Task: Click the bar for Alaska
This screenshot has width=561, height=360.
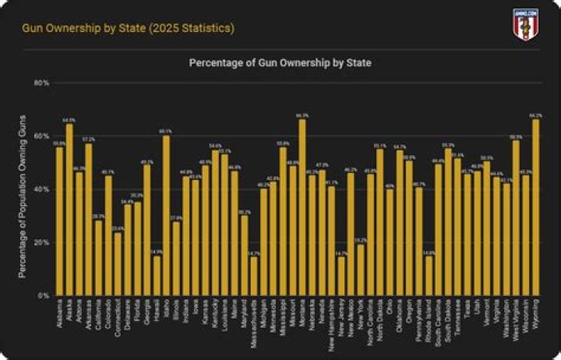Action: (69, 210)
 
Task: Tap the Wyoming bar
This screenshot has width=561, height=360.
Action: (535, 207)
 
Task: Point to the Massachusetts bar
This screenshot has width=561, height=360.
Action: (254, 276)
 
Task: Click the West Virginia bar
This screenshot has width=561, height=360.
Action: (516, 218)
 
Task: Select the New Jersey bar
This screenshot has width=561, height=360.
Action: (341, 276)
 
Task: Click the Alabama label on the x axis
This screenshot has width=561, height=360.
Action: (61, 312)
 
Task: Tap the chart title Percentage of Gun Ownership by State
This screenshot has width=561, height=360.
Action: (280, 62)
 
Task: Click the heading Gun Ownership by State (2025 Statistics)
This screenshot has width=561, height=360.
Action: (127, 29)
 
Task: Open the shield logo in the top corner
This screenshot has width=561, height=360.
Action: (525, 23)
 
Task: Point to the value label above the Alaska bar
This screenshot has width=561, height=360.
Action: (69, 120)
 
